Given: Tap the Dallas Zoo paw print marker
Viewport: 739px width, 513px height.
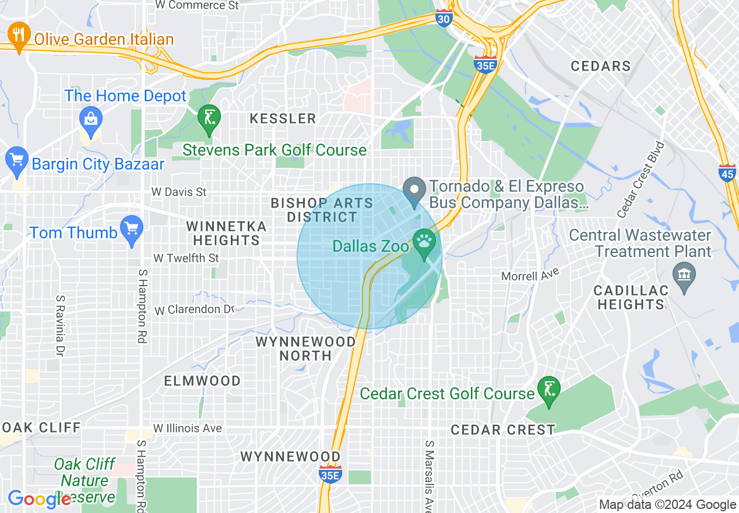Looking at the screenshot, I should (x=423, y=241).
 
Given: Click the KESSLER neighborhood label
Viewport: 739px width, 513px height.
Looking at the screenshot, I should (x=283, y=119).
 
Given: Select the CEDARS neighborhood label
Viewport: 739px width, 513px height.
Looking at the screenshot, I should (x=600, y=66).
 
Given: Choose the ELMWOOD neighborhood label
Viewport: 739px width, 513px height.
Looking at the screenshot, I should (x=202, y=381).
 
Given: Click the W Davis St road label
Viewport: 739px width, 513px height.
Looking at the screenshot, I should (x=179, y=191).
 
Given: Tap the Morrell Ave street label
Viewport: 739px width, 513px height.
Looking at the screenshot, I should (x=530, y=274).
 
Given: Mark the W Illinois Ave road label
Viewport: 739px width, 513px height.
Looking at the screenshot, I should (x=187, y=428).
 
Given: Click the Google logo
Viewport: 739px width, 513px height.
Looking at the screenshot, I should (x=39, y=498).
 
